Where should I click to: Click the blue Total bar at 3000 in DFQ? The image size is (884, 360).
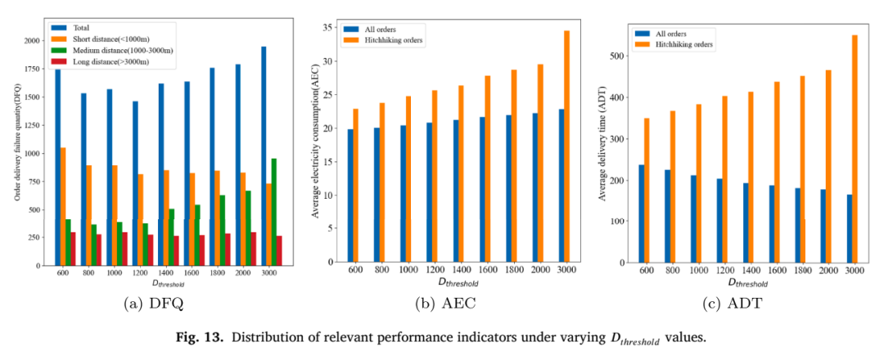click(x=264, y=155)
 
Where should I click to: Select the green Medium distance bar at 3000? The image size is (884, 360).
click(x=274, y=212)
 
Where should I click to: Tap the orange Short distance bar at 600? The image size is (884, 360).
click(x=63, y=206)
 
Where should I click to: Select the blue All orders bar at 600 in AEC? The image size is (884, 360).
click(x=350, y=196)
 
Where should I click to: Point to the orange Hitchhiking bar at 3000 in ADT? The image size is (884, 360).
click(x=855, y=149)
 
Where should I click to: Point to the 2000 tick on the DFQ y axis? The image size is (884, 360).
click(x=32, y=41)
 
